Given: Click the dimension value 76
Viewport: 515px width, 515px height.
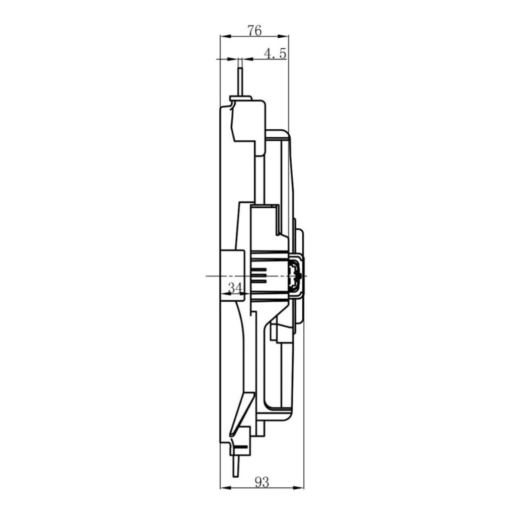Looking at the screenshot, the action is coord(255,31).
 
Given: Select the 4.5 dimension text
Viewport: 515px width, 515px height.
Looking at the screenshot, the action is coord(275,53).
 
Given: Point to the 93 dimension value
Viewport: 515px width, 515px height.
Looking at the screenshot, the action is coord(262,482).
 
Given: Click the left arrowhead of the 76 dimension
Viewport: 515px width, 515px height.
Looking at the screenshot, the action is coord(225,36).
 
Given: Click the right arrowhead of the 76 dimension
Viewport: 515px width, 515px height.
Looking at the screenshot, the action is coord(283,36).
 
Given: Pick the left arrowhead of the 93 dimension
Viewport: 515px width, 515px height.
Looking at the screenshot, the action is coord(225,488).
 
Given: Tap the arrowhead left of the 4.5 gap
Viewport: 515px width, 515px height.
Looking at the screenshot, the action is coord(232,59).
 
